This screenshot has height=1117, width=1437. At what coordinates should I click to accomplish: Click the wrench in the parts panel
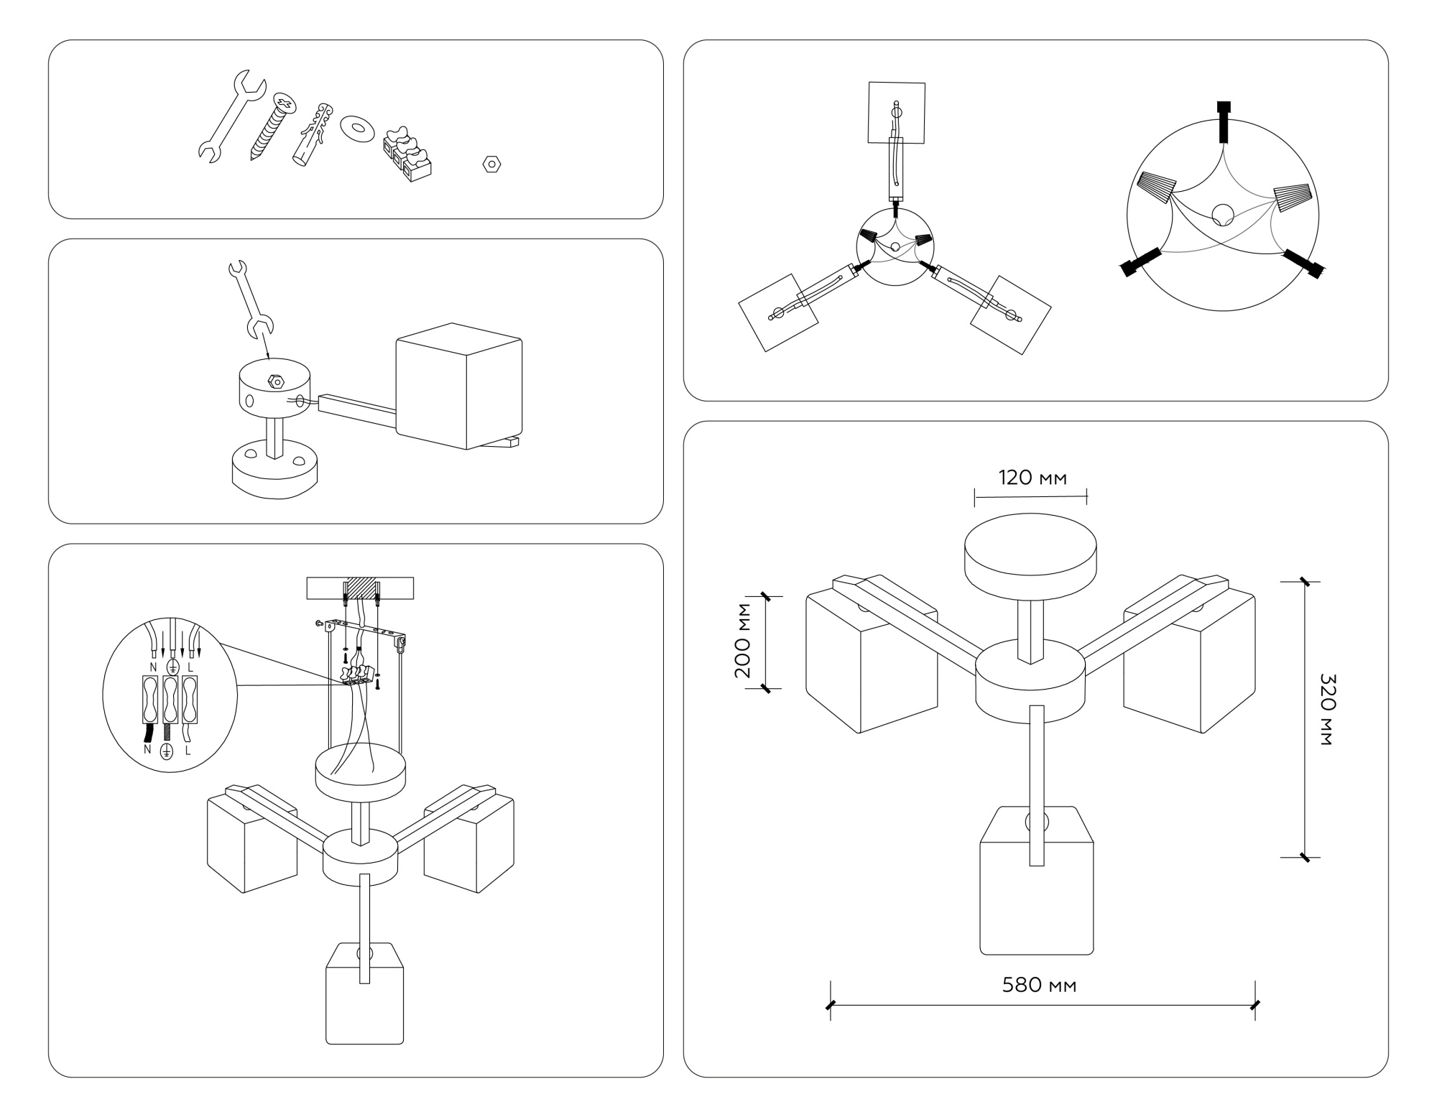(x=230, y=117)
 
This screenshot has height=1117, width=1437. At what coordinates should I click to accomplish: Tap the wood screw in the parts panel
(x=273, y=126)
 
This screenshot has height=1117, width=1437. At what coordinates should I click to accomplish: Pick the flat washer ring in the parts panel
(x=356, y=128)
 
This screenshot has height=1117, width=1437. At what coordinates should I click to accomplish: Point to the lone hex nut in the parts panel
(x=491, y=164)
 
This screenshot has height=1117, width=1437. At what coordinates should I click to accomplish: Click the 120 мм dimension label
(x=1032, y=478)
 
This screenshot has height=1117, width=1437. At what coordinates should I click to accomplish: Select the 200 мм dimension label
(x=743, y=640)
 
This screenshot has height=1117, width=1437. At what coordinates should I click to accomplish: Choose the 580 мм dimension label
(x=1039, y=985)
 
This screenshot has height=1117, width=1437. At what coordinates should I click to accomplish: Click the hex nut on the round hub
(x=276, y=381)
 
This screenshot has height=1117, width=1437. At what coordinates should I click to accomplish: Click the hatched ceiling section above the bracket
(x=361, y=587)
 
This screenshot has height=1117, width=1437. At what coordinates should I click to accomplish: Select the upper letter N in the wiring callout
(x=153, y=667)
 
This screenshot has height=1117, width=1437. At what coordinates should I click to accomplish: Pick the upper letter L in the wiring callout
(x=190, y=667)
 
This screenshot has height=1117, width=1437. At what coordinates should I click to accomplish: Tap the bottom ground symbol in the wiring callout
(x=167, y=751)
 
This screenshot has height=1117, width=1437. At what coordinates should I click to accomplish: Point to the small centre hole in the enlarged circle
(x=1222, y=214)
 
